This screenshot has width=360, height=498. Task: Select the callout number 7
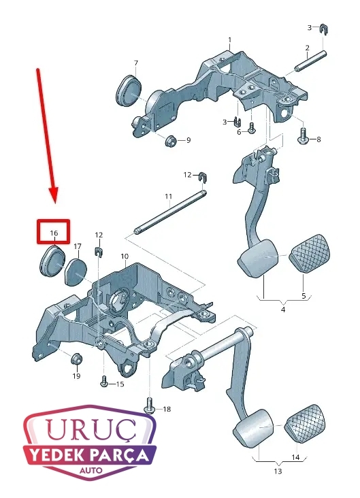(x=136, y=63)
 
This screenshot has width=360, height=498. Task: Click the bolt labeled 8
(x=303, y=136)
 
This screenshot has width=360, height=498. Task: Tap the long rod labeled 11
(x=170, y=211)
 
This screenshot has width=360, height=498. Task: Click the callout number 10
(x=125, y=256)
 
